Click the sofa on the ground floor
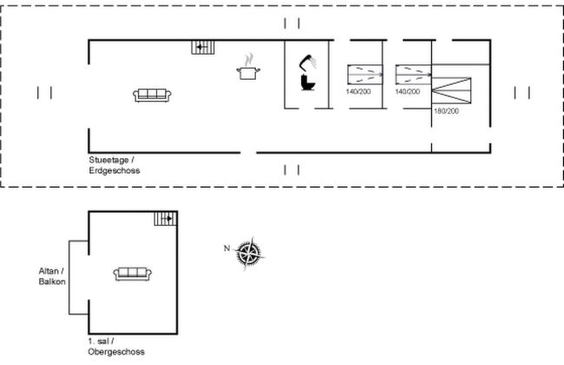(154, 95)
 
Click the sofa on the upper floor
(132, 274)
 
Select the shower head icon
(308, 63)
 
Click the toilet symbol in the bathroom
(307, 83)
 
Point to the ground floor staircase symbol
(202, 46)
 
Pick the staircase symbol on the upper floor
(165, 218)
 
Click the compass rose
(250, 253)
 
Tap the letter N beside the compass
(227, 249)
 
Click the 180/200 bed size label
(446, 111)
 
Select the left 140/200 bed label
(358, 91)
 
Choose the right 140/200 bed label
(408, 91)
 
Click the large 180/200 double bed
(453, 89)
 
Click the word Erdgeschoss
(114, 170)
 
